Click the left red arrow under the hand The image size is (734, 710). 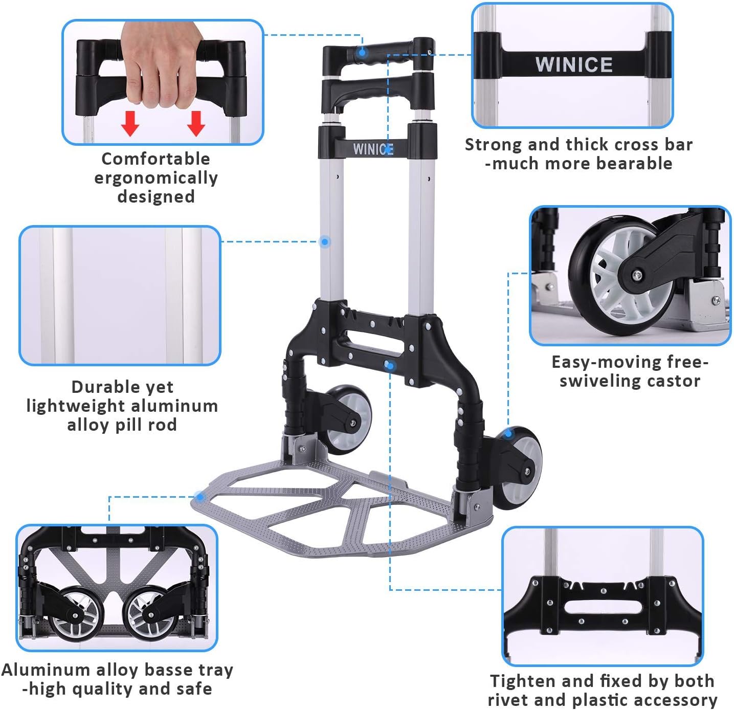click(130, 123)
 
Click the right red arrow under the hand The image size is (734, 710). click(196, 123)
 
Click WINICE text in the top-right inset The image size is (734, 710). click(573, 65)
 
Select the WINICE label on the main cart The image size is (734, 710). click(373, 149)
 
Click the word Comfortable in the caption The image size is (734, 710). click(155, 159)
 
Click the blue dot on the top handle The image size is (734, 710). click(362, 52)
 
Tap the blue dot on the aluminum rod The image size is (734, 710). click(325, 242)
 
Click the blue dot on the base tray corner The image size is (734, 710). click(199, 496)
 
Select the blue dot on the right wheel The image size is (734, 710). click(508, 434)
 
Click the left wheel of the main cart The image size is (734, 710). click(348, 419)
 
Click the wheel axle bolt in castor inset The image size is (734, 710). click(637, 275)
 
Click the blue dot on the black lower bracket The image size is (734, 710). click(389, 366)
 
